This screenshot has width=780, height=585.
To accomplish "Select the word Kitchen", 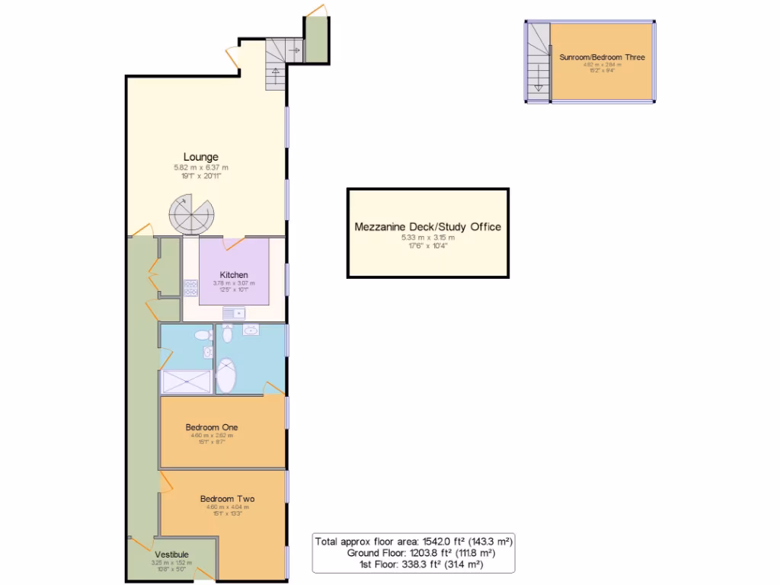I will [x=234, y=275].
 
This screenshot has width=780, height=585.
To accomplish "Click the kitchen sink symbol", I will [x=232, y=313].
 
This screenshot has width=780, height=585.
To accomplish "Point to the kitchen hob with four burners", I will [x=190, y=287].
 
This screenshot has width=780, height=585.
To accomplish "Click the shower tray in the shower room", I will [x=187, y=382].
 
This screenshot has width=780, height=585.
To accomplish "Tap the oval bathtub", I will [x=227, y=376].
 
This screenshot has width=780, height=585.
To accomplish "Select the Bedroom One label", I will [x=212, y=427].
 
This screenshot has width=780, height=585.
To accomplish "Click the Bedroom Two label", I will [x=222, y=500].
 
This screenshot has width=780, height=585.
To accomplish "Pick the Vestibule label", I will [x=171, y=554].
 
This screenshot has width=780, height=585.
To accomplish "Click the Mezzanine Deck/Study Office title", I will [x=427, y=226].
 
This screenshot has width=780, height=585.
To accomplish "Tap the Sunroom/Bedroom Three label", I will [x=602, y=57].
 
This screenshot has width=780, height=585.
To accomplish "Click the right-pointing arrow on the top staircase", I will [x=293, y=51].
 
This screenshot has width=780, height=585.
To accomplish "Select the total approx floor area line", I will [x=414, y=541].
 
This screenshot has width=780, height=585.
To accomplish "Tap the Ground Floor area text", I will [x=420, y=553].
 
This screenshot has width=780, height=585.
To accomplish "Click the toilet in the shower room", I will [x=202, y=335].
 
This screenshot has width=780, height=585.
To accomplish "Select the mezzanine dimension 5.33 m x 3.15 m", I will [x=427, y=238].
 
